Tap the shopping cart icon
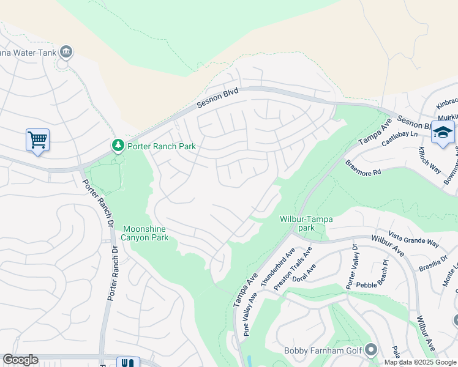pyautogui.click(x=37, y=139)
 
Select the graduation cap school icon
pyautogui.click(x=443, y=133)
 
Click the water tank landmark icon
pyautogui.click(x=66, y=52)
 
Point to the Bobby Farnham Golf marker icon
pyautogui.click(x=371, y=350)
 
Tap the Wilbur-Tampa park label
pyautogui.click(x=301, y=223)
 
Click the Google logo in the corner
pyautogui.click(x=20, y=360)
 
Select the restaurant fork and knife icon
pyautogui.click(x=127, y=363)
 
